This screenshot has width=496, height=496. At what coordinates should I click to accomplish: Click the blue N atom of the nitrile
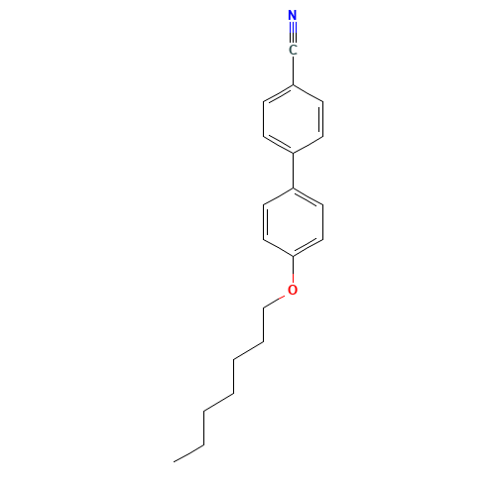(x=293, y=15)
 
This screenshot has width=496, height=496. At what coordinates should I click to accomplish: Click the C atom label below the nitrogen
(x=293, y=51)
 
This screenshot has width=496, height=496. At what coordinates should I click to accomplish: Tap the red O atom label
(x=293, y=290)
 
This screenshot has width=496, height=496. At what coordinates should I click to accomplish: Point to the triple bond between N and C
(x=293, y=33)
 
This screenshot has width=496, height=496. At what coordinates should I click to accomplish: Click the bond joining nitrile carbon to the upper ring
(x=293, y=70)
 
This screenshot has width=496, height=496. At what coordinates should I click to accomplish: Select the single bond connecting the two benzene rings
(x=293, y=171)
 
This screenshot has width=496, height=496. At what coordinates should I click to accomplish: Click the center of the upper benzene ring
(x=293, y=119)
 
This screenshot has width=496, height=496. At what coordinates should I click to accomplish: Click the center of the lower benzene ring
(x=293, y=222)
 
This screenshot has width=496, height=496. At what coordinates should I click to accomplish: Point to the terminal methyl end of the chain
(x=175, y=461)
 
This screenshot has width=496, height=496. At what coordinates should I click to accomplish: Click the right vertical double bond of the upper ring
(x=321, y=119)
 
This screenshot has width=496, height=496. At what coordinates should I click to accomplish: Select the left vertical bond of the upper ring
(x=264, y=119)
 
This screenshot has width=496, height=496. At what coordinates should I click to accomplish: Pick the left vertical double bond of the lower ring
(x=265, y=222)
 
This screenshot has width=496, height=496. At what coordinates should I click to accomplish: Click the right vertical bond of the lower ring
(x=322, y=222)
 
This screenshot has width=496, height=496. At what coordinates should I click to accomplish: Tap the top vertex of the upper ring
(x=293, y=85)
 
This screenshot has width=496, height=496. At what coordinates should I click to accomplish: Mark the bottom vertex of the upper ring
(x=293, y=154)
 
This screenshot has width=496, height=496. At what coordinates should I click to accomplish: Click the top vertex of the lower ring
(x=293, y=187)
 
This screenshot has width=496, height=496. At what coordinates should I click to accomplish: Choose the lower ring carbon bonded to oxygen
(x=293, y=256)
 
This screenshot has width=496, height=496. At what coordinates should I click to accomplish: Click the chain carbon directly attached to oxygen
(x=264, y=309)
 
